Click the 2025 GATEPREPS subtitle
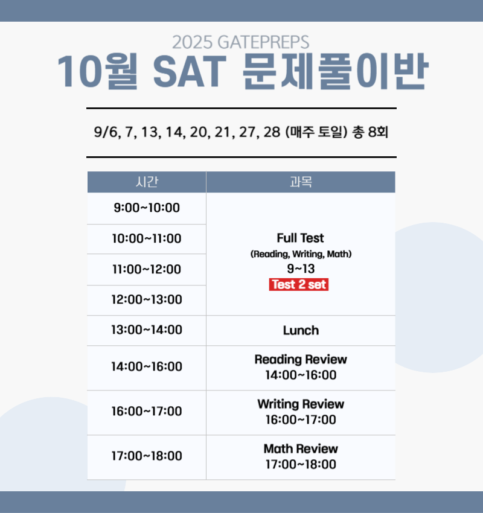pos(240,42)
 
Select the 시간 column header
pos(147,182)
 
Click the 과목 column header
pos(301,182)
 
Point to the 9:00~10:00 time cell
pos(147,208)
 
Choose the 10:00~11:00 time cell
pos(147,239)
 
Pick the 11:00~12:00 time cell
pos(147,269)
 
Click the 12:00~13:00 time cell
pos(147,300)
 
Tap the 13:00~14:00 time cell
pos(147,330)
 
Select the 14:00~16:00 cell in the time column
pos(147,367)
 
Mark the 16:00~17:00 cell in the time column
pos(147,412)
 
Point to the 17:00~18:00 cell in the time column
pos(147,456)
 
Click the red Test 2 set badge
pos(299,285)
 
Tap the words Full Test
pos(301,238)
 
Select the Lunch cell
pos(301,331)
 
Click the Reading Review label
pos(301,360)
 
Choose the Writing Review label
pos(301,404)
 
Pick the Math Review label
pos(301,449)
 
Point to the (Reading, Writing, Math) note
pos(301,255)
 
